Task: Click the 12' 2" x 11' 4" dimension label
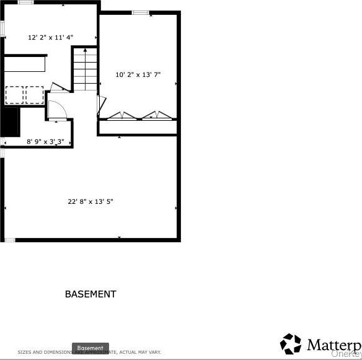point(50,37)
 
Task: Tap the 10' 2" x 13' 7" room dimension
point(138,74)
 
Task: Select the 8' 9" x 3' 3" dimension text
point(45,142)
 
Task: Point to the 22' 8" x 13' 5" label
point(90,201)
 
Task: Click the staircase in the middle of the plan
point(86,69)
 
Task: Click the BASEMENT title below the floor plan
point(90,294)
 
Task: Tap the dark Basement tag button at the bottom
point(90,348)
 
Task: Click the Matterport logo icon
point(291,344)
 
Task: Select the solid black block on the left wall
point(10,121)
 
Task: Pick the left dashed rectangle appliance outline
point(15,95)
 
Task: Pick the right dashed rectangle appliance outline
point(35,95)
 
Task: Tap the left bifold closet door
point(122,115)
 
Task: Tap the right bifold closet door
point(157,115)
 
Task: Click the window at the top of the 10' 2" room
point(140,12)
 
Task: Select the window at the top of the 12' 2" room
point(25,2)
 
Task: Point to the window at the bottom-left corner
point(9,239)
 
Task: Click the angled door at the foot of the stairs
point(60,87)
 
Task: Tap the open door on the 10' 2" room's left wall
point(99,105)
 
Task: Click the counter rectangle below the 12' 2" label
point(25,64)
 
